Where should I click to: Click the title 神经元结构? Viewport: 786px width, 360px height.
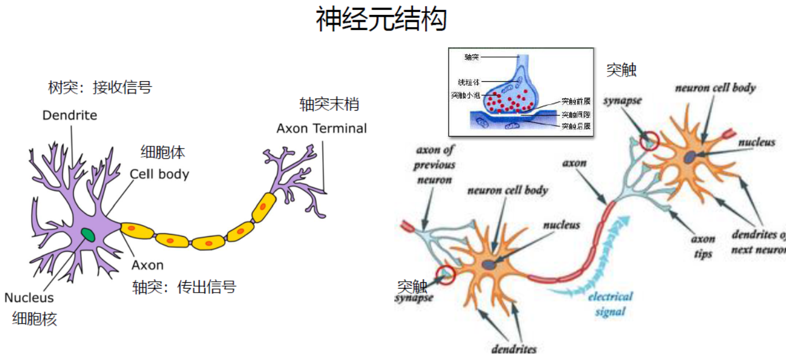pos(381,20)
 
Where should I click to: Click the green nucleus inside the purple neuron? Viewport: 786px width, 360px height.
pos(88,234)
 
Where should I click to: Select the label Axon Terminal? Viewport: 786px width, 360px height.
pos(322,128)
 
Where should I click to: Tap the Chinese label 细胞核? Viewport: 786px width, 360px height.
pos(35,319)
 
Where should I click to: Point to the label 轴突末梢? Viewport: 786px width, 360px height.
pos(329,104)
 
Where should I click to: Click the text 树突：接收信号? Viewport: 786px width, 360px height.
pos(100,88)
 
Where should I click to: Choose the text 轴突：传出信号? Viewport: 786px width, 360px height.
pos(184,286)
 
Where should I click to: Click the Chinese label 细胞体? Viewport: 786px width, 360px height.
pos(163,152)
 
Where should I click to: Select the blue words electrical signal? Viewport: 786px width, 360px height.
pos(610,304)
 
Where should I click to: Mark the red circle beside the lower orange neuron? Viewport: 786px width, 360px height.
pos(445,275)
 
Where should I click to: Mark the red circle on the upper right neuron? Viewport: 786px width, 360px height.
pos(649,141)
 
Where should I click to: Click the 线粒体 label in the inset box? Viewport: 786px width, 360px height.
pos(468,82)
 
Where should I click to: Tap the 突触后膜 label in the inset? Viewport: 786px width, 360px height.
pos(576,126)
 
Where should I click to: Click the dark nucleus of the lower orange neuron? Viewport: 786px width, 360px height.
pos(489,265)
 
